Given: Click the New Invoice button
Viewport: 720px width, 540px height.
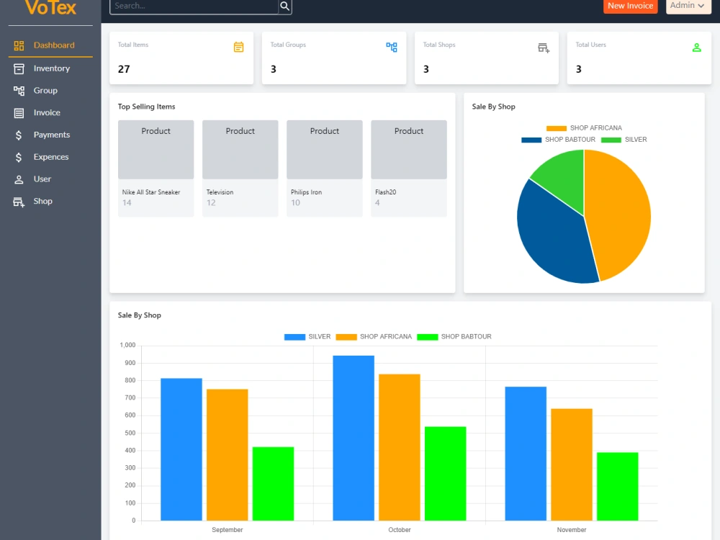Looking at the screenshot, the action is (x=630, y=6).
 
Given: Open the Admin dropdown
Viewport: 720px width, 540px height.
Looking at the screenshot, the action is (x=688, y=6).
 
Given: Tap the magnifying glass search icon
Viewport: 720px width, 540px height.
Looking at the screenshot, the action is (x=284, y=6).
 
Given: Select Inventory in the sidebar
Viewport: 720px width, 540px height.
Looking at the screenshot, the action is (x=50, y=68).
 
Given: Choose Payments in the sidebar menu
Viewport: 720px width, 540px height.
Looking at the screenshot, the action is (x=50, y=135).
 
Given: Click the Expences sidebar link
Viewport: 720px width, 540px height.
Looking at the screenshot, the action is (x=50, y=157).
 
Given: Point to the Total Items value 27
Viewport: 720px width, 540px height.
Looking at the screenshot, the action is (x=124, y=69).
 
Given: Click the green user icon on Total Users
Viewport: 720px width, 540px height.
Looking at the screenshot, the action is (x=696, y=48).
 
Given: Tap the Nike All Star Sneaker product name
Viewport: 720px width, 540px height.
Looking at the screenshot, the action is (x=151, y=192).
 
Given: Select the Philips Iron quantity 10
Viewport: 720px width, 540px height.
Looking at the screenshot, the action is (x=295, y=203).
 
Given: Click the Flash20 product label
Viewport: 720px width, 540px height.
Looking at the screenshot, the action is (x=385, y=192).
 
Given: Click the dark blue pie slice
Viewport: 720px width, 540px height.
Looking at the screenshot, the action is (x=551, y=234).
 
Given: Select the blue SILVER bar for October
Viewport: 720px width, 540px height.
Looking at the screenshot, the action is (x=354, y=438).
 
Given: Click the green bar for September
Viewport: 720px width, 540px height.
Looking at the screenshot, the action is (x=273, y=484).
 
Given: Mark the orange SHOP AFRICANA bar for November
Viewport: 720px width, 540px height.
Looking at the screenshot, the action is (x=572, y=464).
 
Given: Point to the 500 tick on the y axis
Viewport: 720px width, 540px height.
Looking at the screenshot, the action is (x=130, y=433).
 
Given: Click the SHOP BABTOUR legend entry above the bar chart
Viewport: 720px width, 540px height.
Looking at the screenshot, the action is (x=454, y=337).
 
